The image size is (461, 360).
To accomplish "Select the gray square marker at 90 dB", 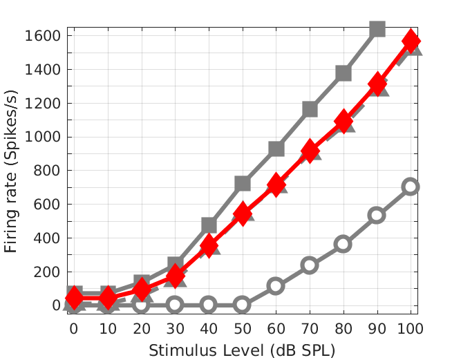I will coord(377,29).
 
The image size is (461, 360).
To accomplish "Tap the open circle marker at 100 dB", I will coord(411,187).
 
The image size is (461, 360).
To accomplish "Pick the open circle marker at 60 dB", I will coord(276,285).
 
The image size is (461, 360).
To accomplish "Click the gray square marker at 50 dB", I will coord(242,184).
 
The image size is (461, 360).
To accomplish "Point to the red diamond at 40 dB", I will coord(209,245).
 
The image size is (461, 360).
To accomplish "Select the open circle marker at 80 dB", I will coord(344,244).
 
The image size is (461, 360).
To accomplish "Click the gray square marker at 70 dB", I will coord(310,109).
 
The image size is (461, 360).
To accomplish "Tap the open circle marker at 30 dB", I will coord(175,305).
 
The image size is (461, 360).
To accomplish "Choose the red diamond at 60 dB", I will coord(276,184).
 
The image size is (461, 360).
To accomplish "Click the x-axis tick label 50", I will coord(242,327).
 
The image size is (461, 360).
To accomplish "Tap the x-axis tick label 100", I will coord(411,327).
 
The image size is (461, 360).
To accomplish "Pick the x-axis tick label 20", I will coord(141,327).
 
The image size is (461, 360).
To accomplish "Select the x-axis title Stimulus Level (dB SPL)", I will coord(242,350).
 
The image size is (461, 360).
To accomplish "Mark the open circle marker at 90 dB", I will coord(377,215).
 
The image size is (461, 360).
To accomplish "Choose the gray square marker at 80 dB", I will coord(344,73).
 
